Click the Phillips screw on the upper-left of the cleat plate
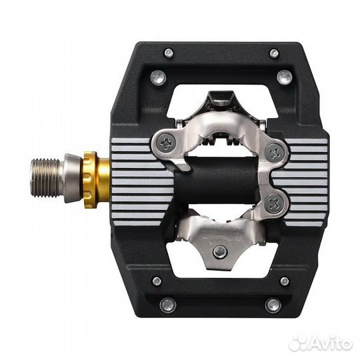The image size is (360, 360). (x=165, y=141)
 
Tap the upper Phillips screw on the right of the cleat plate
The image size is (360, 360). (x=275, y=153)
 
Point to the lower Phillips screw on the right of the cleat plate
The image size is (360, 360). (x=274, y=203)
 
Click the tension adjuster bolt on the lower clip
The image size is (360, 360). (x=219, y=251)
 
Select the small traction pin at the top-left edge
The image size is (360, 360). (x=169, y=53)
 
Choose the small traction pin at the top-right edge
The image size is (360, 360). (x=274, y=53)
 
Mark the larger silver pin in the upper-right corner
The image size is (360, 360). (x=284, y=76)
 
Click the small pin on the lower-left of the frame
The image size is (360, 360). (x=157, y=281)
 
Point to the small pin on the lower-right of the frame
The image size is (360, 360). (x=284, y=281)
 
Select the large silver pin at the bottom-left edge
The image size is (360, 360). (x=168, y=305)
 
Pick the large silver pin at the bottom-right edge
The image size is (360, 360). (x=273, y=305)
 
